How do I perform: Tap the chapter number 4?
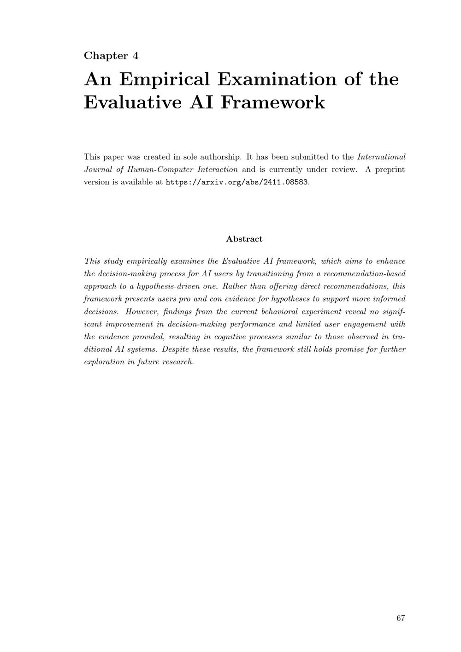[136, 56]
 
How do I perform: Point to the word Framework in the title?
[272, 102]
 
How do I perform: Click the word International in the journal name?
[381, 157]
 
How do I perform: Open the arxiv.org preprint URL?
[236, 182]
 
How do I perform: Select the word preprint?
[390, 169]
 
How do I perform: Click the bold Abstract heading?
[244, 239]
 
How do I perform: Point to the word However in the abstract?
[142, 312]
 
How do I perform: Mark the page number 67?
[400, 618]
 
